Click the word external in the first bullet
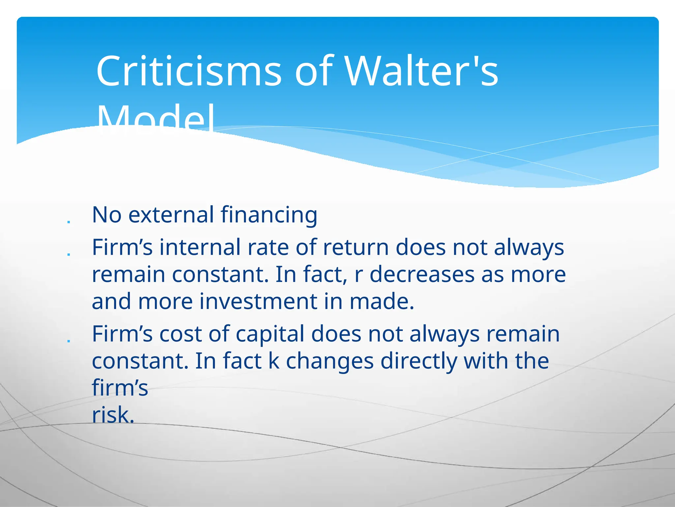coord(171,215)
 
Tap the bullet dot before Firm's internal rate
coord(69,254)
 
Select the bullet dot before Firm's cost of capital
coord(69,341)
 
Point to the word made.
coord(381,301)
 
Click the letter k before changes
coord(274,361)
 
